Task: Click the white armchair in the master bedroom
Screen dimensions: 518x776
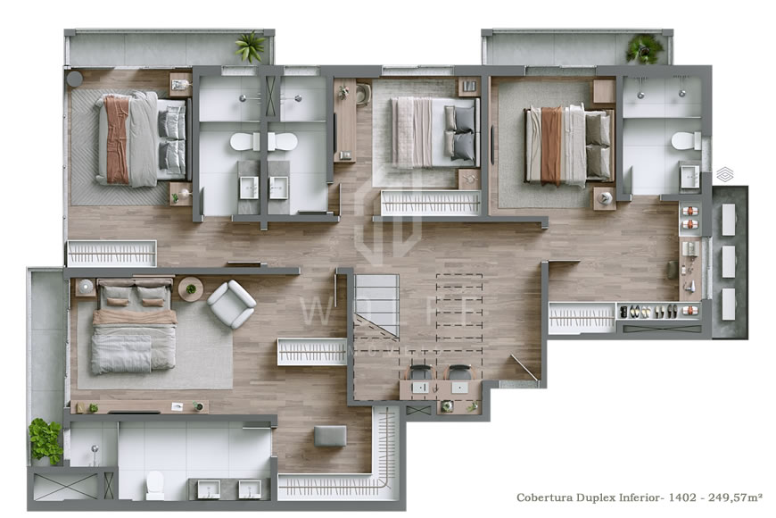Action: pyautogui.click(x=231, y=304)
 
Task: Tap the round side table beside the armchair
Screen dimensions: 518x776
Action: pyautogui.click(x=191, y=289)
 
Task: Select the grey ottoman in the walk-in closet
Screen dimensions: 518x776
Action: pyautogui.click(x=330, y=436)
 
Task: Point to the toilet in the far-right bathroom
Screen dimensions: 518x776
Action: pyautogui.click(x=685, y=141)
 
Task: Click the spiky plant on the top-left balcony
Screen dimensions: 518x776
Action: pyautogui.click(x=252, y=47)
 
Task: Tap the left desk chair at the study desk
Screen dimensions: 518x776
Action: pyautogui.click(x=419, y=373)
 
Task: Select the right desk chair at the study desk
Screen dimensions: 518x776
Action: pyautogui.click(x=458, y=373)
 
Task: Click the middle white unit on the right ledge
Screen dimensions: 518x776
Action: pyautogui.click(x=728, y=260)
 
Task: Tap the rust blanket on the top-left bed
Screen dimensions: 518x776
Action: pyautogui.click(x=117, y=139)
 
